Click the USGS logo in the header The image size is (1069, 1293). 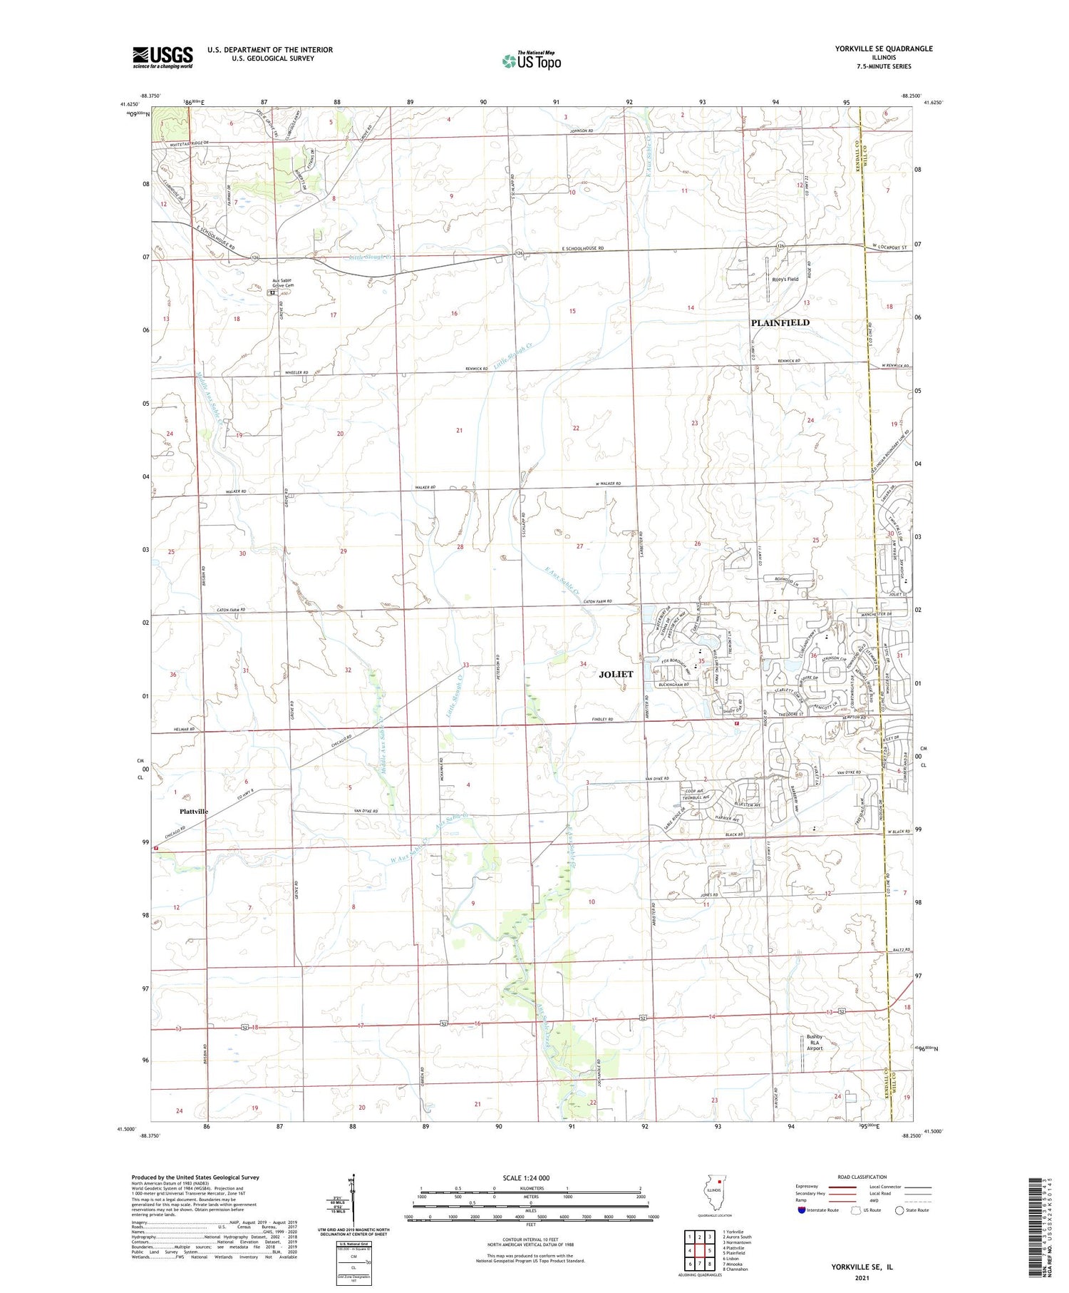162,57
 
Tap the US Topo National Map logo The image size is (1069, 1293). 532,61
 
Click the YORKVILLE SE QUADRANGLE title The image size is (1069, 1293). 883,48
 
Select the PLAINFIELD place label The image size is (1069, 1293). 780,323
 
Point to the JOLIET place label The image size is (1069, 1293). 616,674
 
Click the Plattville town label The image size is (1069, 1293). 193,812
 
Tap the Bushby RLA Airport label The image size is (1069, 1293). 814,1043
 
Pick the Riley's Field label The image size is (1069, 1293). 785,280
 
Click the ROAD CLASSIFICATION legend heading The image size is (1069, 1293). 862,1177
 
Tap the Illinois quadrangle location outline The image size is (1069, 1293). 718,1196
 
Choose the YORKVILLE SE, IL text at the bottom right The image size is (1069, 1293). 862,1267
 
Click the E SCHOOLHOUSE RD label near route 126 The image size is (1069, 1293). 582,249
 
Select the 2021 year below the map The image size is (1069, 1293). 862,1278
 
